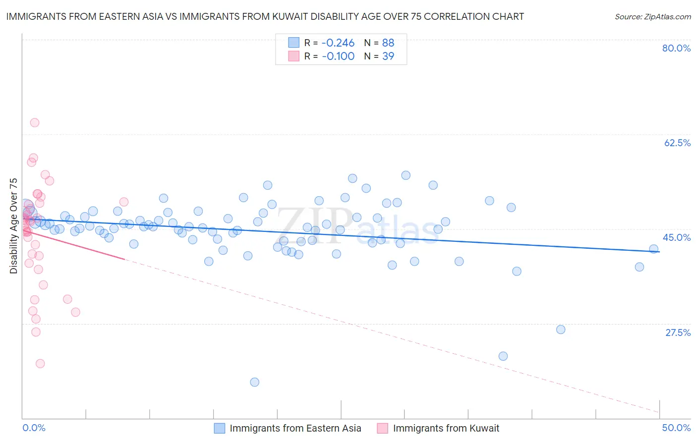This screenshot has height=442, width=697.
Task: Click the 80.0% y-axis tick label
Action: coord(676,49)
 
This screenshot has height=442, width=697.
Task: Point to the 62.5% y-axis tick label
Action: coord(677,143)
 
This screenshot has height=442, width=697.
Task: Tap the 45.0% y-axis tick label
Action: coord(677,238)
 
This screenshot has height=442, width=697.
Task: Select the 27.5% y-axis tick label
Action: coord(678,333)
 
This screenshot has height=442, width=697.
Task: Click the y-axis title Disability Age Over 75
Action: coord(14,226)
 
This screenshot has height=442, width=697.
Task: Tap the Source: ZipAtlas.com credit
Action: coord(652,17)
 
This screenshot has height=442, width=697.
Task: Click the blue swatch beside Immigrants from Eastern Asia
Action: coord(220,428)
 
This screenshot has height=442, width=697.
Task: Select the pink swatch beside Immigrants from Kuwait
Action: coord(382,428)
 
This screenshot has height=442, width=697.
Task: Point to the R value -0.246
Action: coord(338,43)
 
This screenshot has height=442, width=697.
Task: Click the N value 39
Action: coord(388,56)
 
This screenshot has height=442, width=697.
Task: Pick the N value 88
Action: coord(388,43)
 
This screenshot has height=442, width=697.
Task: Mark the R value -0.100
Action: coord(338,56)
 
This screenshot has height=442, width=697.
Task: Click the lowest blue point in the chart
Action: coord(255,382)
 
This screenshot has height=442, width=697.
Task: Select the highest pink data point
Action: coord(35,123)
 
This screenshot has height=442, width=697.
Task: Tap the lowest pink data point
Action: coord(40,364)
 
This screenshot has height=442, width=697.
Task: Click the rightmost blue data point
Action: coord(654,249)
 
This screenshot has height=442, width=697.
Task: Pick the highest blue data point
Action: coord(406,175)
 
